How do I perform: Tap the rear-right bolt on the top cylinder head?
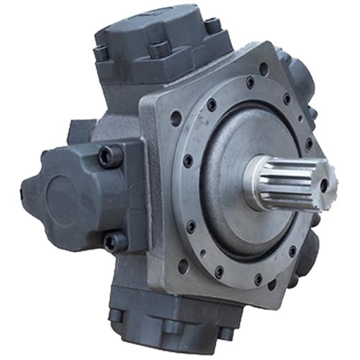(212, 26)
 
